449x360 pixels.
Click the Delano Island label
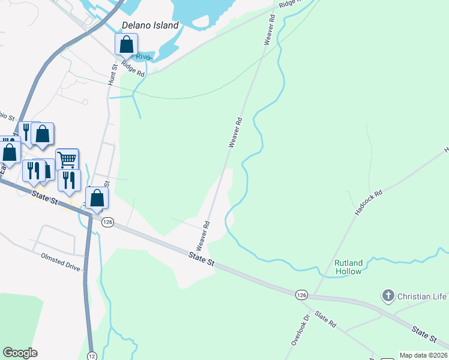[x=150, y=26]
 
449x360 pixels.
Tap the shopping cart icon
[x=67, y=160]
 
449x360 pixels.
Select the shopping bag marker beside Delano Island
[x=126, y=44]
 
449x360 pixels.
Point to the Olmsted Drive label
[x=60, y=265]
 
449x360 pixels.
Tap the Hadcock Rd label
[x=368, y=205]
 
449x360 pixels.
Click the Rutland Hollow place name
[x=348, y=267]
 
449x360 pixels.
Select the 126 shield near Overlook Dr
[x=301, y=295]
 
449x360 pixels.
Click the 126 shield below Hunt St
[x=107, y=223]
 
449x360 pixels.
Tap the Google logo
[x=20, y=353]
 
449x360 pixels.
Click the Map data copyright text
[x=424, y=355]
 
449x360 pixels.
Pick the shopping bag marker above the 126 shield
[x=97, y=198]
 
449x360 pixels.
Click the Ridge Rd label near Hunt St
[x=133, y=69]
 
